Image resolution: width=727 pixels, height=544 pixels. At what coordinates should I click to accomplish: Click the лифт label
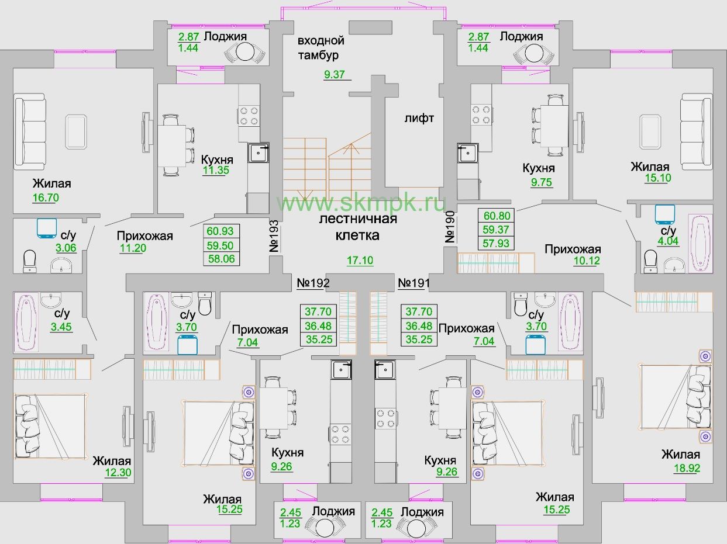pos(419,118)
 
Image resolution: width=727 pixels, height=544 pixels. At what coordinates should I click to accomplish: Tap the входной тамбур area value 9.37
pos(334,74)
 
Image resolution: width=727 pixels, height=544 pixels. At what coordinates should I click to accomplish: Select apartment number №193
pos(274,236)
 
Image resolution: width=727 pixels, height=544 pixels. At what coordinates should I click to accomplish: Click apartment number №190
pos(450,227)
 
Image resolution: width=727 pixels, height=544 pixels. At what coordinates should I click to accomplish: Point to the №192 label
pos(313,283)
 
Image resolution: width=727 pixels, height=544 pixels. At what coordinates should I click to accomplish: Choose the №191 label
pos(414,283)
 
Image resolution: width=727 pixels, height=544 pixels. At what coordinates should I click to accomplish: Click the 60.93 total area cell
pos(220,231)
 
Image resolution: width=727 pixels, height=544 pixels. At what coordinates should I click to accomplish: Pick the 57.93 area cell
pos(496,243)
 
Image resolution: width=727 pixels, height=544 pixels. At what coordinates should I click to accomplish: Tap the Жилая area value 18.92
pos(687,468)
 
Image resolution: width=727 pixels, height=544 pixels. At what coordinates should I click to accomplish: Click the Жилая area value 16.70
pos(46,197)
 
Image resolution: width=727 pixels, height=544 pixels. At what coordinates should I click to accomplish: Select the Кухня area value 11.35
pos(216,171)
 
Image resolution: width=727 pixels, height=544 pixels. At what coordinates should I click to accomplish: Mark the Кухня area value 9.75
pos(542,182)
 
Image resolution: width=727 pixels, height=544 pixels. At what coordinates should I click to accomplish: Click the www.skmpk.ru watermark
pos(361,203)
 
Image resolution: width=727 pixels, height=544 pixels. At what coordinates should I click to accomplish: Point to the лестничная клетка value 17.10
pos(360,261)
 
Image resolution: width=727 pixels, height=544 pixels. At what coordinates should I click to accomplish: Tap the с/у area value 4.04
pos(668,241)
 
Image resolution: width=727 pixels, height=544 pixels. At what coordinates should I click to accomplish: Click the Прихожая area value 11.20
pos(133,248)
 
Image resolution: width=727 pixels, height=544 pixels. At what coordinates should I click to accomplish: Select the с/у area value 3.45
pos(61,327)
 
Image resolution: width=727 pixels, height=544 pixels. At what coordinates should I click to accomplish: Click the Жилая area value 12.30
pos(118,473)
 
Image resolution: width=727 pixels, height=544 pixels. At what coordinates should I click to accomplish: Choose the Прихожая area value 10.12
pos(587,261)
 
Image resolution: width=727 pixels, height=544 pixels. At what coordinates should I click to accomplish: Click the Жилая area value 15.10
pos(658,178)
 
